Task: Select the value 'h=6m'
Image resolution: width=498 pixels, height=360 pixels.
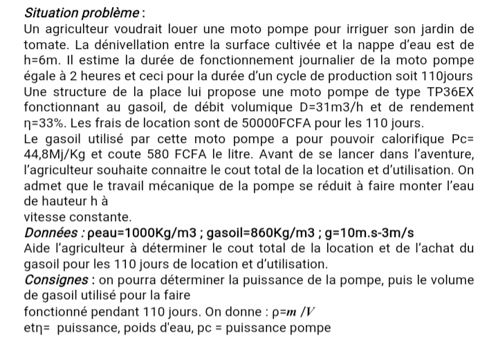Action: coord(40,61)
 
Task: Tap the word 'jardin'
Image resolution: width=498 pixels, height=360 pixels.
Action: coord(443,29)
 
